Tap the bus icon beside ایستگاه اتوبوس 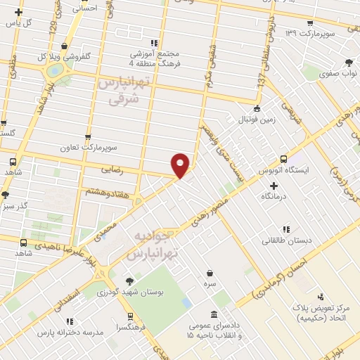tap(283, 159)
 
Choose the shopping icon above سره tap(210, 273)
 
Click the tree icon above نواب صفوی tap(349, 63)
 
